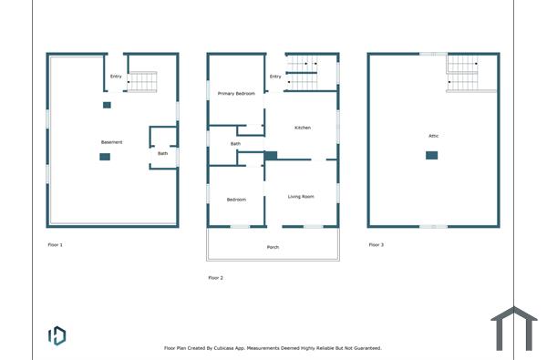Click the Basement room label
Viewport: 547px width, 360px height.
111,142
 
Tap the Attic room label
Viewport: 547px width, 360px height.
434,136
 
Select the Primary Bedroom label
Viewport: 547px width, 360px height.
236,94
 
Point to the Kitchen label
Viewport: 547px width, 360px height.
302,128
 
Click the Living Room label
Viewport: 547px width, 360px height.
301,197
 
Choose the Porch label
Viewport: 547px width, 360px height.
273,247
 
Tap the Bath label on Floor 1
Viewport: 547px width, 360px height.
162,153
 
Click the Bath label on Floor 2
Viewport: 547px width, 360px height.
235,143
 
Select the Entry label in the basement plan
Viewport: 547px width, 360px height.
116,76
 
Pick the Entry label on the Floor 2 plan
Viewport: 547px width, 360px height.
275,76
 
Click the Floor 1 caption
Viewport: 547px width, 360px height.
56,244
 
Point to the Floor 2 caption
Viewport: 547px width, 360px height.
215,277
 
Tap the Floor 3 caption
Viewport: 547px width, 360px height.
377,244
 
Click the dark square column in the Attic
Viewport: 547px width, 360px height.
431,155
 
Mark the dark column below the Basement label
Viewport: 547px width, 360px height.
105,158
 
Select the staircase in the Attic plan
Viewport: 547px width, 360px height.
463,72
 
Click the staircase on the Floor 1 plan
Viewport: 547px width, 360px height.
141,81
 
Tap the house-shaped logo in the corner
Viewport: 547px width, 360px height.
514,329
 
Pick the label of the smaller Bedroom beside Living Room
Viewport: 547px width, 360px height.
236,199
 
